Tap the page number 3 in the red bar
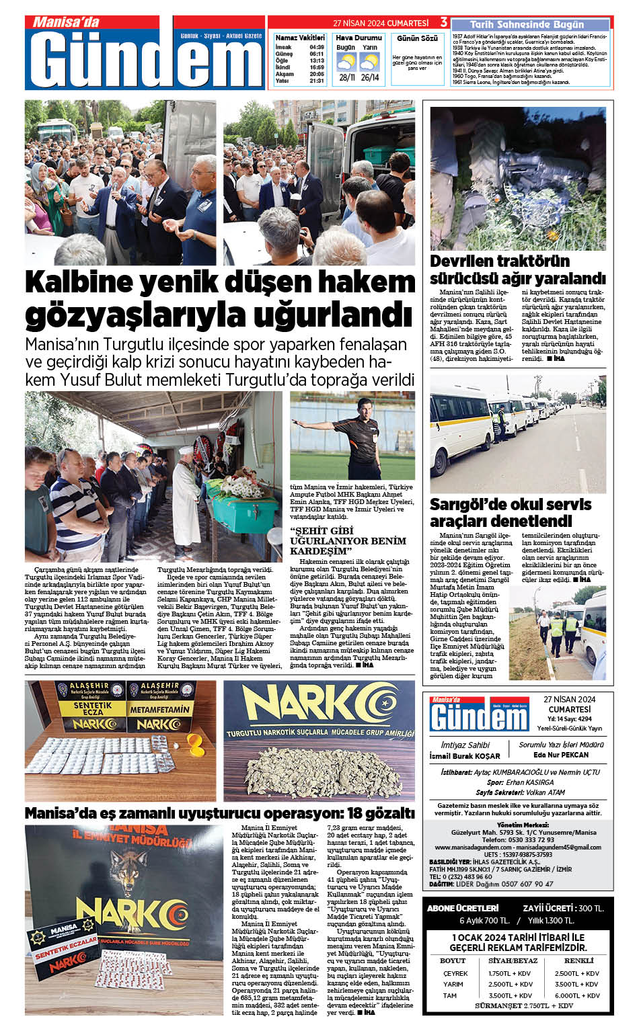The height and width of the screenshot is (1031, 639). coord(444,23)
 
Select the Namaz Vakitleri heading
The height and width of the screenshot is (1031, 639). coord(300,38)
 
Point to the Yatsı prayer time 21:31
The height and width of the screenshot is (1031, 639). coord(317,81)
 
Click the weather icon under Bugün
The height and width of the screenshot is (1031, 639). coord(346,63)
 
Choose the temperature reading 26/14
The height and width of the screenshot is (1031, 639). coord(369,77)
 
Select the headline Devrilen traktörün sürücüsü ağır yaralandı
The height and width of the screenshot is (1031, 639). coord(517,270)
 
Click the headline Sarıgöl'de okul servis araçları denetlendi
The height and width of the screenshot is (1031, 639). coord(511,512)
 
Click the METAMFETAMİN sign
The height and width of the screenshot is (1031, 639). coord(159,708)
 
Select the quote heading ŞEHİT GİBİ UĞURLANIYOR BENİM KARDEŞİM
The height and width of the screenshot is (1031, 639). coord(348,541)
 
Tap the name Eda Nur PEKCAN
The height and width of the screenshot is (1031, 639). coord(561,755)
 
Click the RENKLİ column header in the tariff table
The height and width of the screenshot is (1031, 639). coord(578,960)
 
